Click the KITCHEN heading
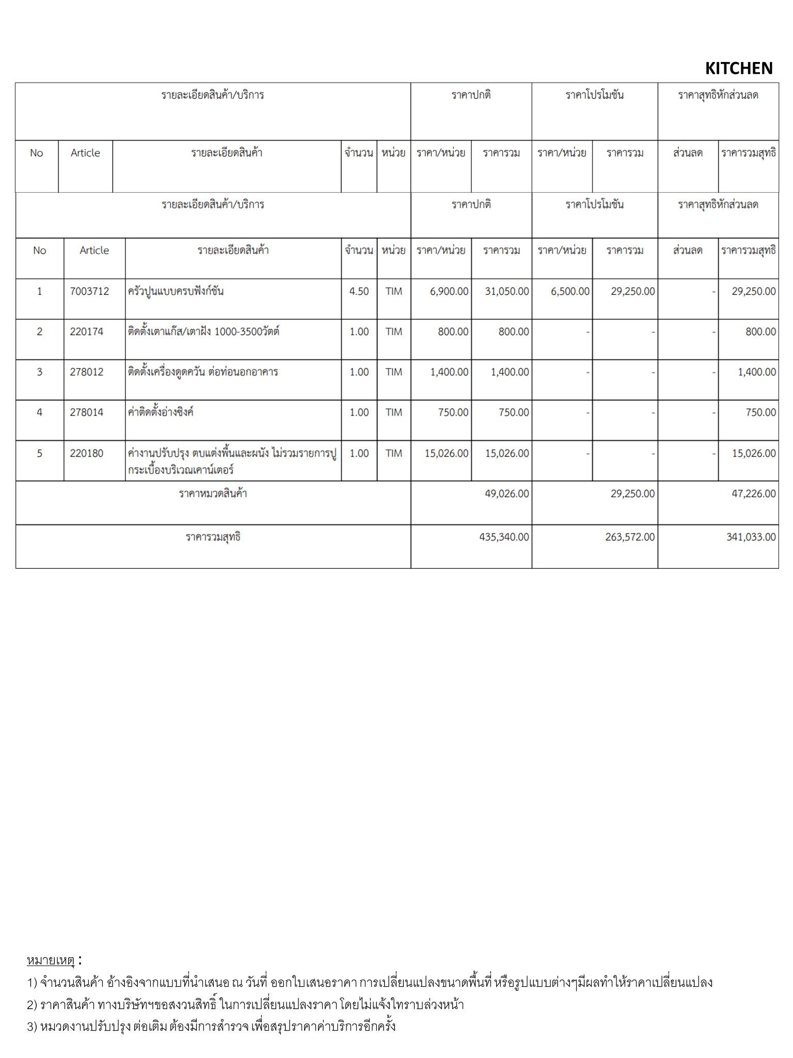pyautogui.click(x=738, y=68)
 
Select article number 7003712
pyautogui.click(x=89, y=291)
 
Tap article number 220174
pyautogui.click(x=86, y=332)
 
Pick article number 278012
pyautogui.click(x=86, y=372)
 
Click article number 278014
pyautogui.click(x=86, y=412)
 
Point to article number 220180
pyautogui.click(x=86, y=454)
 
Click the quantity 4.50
pyautogui.click(x=359, y=291)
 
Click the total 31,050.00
pyautogui.click(x=506, y=291)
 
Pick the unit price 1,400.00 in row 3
pyautogui.click(x=449, y=372)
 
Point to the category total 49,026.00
pyautogui.click(x=506, y=494)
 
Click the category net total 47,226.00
pyautogui.click(x=753, y=494)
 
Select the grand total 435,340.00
pyautogui.click(x=504, y=537)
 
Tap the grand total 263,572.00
pyautogui.click(x=630, y=537)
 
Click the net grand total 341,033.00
pyautogui.click(x=751, y=537)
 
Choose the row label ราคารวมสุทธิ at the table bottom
pyautogui.click(x=213, y=537)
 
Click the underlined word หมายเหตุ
pyautogui.click(x=51, y=960)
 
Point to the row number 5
pyautogui.click(x=39, y=454)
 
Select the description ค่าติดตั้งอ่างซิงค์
pyautogui.click(x=161, y=412)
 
